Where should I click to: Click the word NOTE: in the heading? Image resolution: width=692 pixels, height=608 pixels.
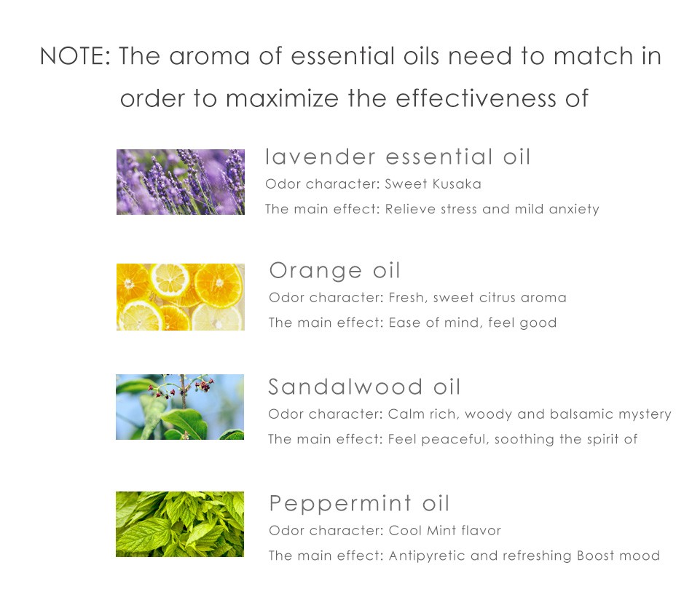point(75,57)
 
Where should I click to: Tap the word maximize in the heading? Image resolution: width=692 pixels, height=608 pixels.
point(283,98)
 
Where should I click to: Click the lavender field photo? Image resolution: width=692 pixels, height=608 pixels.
point(181,182)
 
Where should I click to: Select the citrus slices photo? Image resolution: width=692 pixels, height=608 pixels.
point(181,297)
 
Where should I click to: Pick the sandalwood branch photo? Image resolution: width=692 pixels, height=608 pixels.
point(180,407)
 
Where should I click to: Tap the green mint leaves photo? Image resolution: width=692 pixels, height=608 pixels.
point(180,524)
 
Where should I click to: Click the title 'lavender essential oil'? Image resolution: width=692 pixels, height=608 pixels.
point(398,157)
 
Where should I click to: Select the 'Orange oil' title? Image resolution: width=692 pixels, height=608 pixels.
point(334,270)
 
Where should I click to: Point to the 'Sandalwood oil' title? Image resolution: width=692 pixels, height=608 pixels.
point(364,387)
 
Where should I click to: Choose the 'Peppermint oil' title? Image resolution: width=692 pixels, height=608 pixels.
point(359,503)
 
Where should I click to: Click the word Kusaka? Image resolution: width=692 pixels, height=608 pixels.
point(457,184)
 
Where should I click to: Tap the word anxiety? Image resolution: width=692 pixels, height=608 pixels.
point(574,210)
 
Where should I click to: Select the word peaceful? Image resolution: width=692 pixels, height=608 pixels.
point(455,440)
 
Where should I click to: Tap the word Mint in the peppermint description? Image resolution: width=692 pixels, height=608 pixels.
point(441,530)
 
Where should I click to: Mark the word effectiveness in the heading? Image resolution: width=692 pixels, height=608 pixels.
point(476,98)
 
